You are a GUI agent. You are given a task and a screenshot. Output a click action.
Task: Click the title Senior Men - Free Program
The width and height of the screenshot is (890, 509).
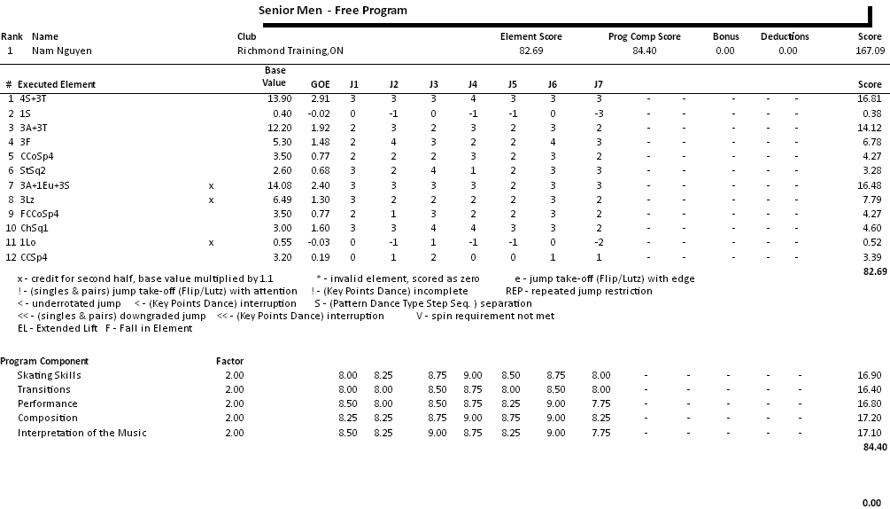(333, 11)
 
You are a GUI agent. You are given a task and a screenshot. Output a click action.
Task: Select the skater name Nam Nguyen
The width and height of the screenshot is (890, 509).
(62, 51)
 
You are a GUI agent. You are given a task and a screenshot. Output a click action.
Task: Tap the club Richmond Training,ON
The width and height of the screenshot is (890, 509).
(290, 51)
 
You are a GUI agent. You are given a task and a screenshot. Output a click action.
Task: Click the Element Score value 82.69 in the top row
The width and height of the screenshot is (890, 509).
(530, 51)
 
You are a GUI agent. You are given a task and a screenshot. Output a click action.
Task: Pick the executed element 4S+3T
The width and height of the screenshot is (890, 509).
(35, 98)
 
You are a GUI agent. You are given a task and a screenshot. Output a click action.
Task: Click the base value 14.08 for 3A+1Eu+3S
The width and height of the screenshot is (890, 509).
(279, 185)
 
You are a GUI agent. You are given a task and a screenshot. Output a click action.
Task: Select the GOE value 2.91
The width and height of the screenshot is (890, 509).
(320, 98)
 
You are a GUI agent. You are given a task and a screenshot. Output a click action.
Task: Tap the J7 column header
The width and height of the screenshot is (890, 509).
(599, 84)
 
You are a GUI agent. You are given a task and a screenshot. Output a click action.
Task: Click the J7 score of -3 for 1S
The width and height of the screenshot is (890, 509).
(600, 114)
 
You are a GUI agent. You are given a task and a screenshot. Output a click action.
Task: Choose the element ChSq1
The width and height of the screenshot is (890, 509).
(35, 228)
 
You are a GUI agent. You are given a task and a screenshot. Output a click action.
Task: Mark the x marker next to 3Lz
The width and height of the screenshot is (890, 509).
(211, 200)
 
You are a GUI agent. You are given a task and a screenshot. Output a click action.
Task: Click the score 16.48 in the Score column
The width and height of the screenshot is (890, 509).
(870, 185)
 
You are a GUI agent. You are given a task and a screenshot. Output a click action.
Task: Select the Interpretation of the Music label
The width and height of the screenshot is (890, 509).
(82, 433)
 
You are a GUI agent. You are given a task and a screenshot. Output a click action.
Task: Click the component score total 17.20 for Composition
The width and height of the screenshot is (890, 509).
(870, 419)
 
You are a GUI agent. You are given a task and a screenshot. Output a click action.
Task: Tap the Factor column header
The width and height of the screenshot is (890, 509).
(229, 361)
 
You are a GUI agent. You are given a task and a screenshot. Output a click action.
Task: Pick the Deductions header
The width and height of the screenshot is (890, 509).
(785, 36)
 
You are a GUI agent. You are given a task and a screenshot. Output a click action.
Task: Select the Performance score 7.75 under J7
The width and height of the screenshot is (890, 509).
(600, 404)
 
